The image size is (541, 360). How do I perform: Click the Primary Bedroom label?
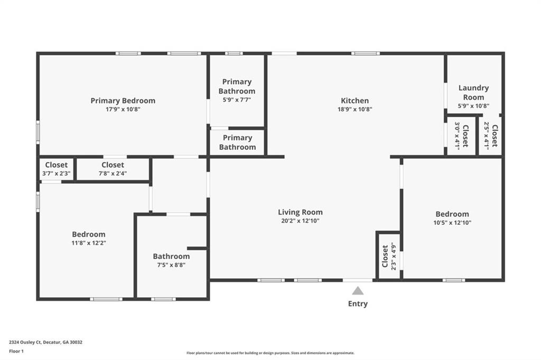point(123,101)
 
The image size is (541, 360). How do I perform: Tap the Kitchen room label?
point(355,101)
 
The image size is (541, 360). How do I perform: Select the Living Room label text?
point(300,212)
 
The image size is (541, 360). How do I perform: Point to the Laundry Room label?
point(473,92)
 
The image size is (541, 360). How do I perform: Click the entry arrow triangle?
point(358,290)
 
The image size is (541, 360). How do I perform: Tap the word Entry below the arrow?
point(358,304)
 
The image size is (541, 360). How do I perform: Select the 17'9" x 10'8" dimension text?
point(123,110)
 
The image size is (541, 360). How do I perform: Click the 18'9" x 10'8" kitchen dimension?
point(355,110)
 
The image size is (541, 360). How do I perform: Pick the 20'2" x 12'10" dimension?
point(300,221)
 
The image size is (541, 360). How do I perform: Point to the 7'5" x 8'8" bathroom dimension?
point(171,265)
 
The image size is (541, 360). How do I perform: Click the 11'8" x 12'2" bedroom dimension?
point(89,243)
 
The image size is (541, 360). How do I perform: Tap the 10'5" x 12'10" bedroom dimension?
point(452,223)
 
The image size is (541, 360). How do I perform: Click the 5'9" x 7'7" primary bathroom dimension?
point(237,100)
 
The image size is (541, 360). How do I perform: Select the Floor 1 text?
point(17,350)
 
